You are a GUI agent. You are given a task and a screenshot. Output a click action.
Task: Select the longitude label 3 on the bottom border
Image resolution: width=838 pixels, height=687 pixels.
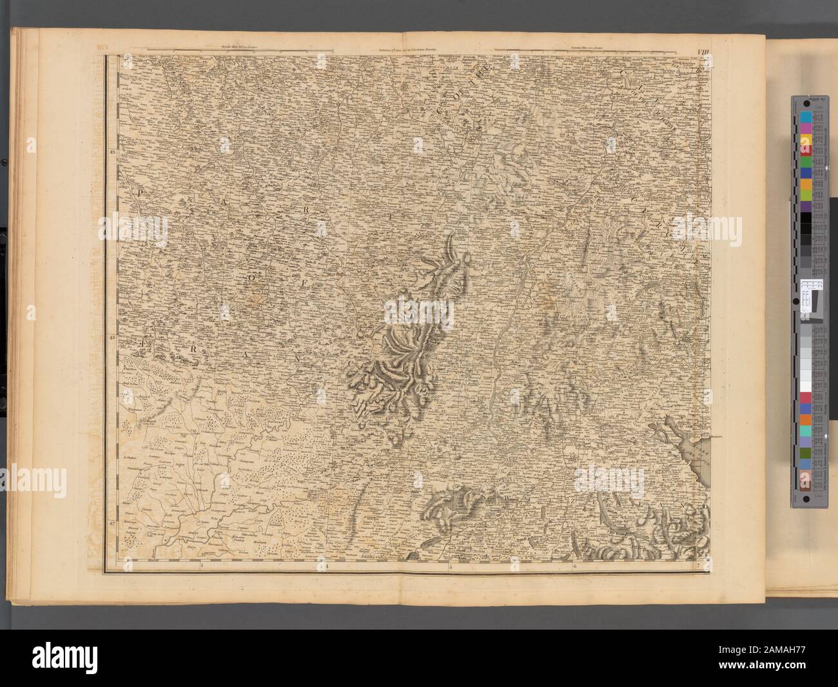tap(202, 566)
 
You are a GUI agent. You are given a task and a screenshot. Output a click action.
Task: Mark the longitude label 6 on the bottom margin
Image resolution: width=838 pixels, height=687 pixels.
tap(574, 566)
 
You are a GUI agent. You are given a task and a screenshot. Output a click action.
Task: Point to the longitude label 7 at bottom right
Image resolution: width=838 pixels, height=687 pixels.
tap(698, 566)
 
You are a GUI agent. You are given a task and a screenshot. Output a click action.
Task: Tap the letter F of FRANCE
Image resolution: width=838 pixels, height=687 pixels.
tap(143, 345)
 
